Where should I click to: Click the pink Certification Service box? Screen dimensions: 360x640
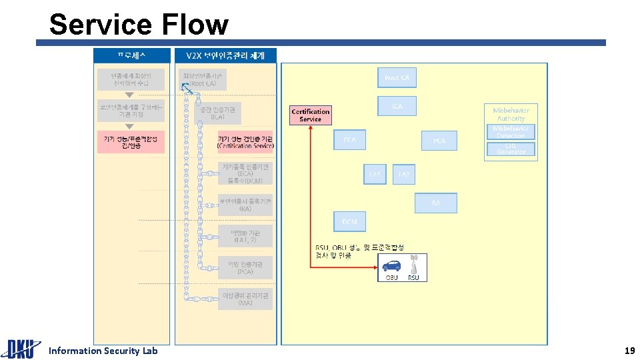[x=310, y=115]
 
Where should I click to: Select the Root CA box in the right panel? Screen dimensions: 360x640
[x=397, y=78]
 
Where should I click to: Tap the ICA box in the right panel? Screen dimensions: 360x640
[x=397, y=106]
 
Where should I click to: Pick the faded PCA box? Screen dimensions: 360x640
[x=439, y=141]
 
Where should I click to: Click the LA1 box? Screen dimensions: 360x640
[x=375, y=175]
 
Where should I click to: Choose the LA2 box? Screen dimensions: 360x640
[x=403, y=175]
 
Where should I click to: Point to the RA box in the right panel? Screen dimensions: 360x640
[x=435, y=203]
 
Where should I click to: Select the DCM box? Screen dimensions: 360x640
[x=349, y=221]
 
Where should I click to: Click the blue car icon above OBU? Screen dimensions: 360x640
[x=391, y=265]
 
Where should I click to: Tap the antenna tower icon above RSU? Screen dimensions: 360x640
[x=413, y=263]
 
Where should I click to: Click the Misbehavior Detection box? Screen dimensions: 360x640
[x=511, y=132]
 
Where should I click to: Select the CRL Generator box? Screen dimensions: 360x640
[x=511, y=149]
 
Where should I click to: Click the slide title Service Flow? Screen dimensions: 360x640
[x=139, y=25]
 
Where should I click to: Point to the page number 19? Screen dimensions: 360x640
[x=629, y=351]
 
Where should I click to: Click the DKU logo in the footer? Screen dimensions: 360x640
[x=20, y=349]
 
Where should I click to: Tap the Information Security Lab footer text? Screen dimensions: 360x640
[x=103, y=351]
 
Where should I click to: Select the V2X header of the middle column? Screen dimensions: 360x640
[x=225, y=55]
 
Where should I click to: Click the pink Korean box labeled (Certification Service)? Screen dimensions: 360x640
[x=245, y=141]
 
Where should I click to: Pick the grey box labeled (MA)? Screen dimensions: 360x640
[x=245, y=299]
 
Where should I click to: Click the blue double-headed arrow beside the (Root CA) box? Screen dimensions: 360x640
[x=187, y=89]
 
